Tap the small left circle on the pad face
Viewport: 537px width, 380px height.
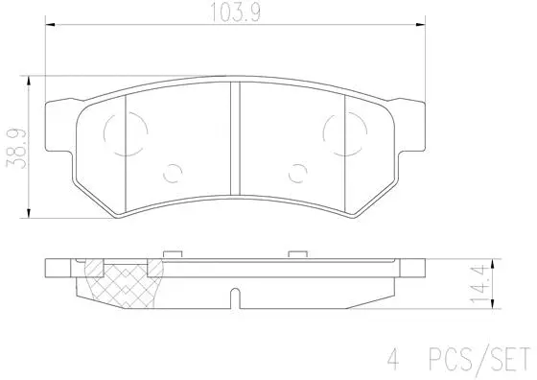click(x=174, y=172)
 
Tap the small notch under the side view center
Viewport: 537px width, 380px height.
click(x=234, y=303)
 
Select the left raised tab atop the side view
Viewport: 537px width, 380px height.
click(x=174, y=253)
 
